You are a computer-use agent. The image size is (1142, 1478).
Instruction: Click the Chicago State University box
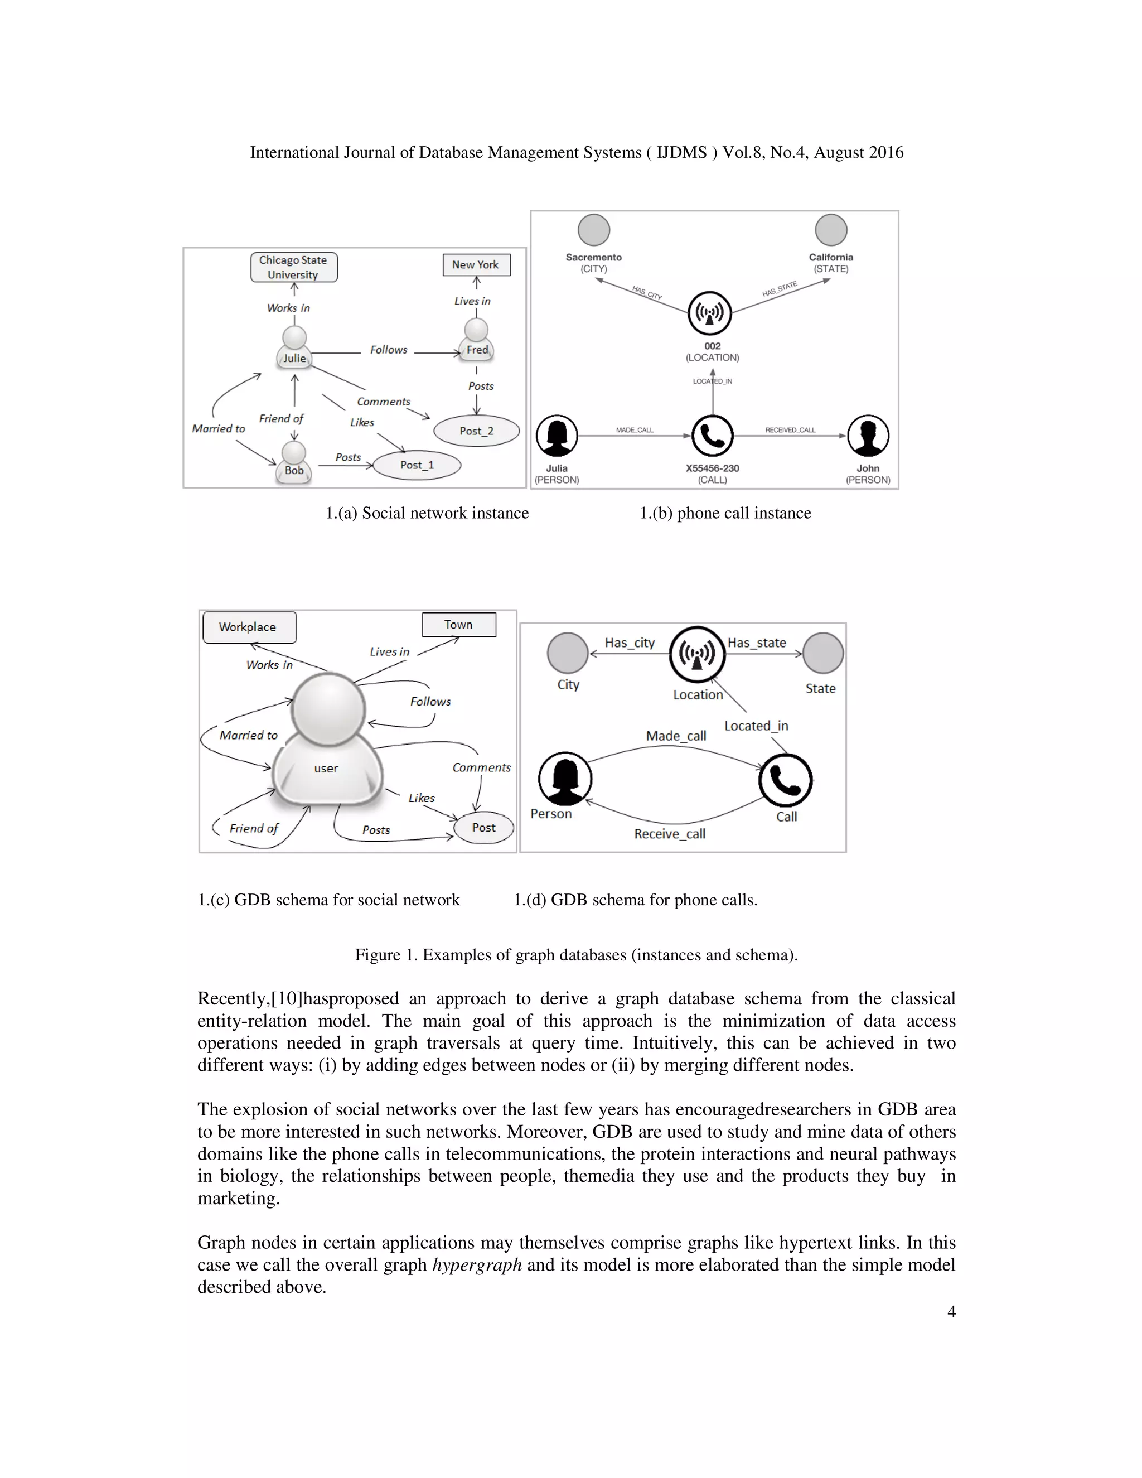tap(294, 267)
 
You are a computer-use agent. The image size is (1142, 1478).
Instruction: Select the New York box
tap(476, 264)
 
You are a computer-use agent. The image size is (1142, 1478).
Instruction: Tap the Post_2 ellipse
tap(476, 431)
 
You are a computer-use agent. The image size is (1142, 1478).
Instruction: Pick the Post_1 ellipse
tap(417, 465)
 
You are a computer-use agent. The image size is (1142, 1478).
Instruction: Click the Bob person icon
tap(294, 463)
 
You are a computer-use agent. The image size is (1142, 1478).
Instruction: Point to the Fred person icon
tap(477, 340)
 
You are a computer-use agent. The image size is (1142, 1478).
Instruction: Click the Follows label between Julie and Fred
tap(388, 350)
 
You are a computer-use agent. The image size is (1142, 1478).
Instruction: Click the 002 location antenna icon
tap(710, 313)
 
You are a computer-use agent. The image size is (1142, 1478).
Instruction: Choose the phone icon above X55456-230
tap(713, 436)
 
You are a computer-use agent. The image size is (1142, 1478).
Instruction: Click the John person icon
tap(868, 436)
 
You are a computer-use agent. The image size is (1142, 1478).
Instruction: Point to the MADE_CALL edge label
tap(635, 429)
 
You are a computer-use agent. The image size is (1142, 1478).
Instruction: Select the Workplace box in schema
tap(249, 627)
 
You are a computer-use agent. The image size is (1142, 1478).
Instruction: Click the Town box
tap(459, 625)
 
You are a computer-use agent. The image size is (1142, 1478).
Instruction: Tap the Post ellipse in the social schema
tap(483, 828)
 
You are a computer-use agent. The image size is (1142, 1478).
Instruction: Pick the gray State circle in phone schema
tap(822, 653)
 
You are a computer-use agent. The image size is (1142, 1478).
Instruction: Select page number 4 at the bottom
tap(951, 1312)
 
